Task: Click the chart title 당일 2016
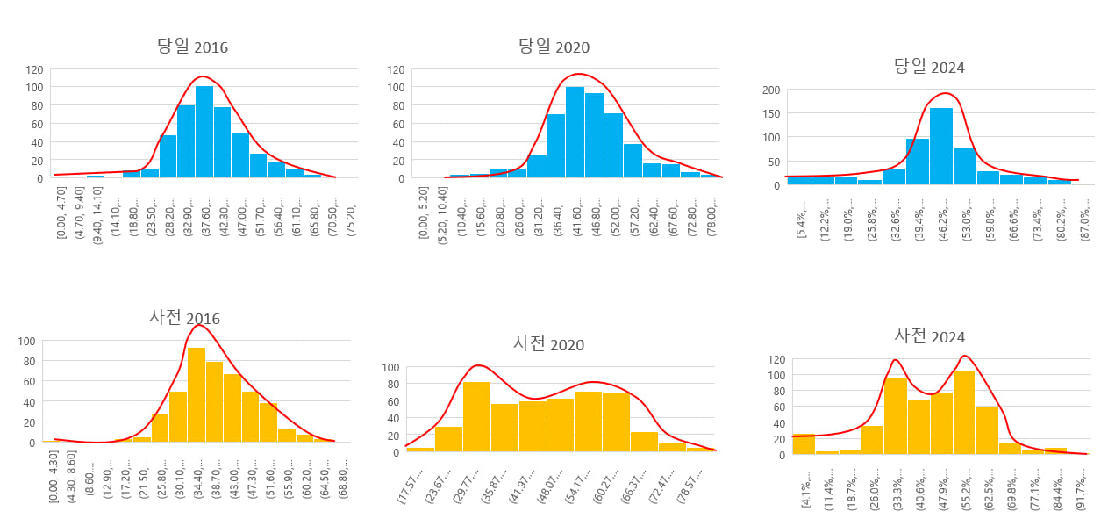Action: tap(192, 47)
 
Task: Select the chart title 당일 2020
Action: tap(554, 47)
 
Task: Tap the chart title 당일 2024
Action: tap(929, 67)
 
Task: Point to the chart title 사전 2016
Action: tap(184, 318)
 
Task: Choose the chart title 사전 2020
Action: tap(548, 344)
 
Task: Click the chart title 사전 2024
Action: tap(929, 336)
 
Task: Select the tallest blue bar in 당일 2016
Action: tap(204, 132)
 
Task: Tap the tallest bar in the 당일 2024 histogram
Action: tap(940, 146)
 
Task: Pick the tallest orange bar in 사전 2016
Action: tap(197, 394)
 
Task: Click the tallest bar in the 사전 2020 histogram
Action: tap(476, 416)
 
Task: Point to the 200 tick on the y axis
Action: tap(771, 90)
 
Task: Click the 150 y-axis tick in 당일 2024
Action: tap(771, 113)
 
